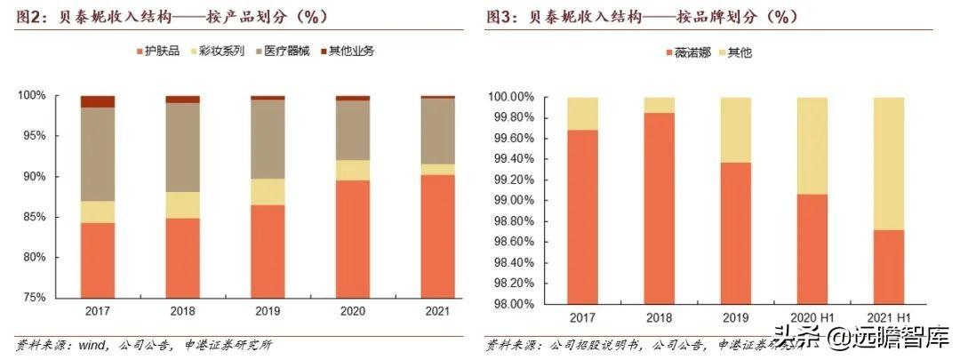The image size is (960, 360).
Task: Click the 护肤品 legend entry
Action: [x=161, y=51]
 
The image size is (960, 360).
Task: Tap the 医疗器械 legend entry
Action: [x=290, y=51]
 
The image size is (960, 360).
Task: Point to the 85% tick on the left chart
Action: [x=46, y=217]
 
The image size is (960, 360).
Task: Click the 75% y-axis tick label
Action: [x=46, y=298]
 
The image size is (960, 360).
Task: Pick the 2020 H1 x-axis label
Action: [x=812, y=318]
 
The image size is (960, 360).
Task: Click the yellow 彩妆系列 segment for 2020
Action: [x=352, y=170]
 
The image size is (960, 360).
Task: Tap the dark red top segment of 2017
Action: [x=98, y=101]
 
